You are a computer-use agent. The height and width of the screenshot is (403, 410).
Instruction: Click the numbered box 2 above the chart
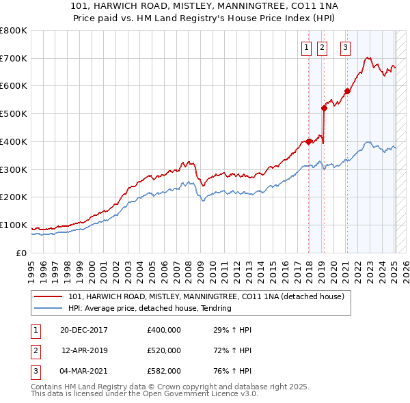tap(322, 48)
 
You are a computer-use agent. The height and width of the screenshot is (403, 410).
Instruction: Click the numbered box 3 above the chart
tap(346, 48)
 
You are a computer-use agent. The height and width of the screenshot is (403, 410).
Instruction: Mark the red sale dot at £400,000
tap(309, 141)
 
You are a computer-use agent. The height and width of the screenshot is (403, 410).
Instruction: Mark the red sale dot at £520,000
tap(325, 108)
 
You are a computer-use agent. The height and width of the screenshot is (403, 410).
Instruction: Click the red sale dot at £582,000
tap(347, 91)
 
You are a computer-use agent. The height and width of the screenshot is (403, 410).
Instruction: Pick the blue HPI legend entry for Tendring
tap(150, 308)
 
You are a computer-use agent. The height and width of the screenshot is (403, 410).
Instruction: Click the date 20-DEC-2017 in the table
tap(84, 330)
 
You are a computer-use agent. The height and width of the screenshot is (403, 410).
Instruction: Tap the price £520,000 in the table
tap(164, 350)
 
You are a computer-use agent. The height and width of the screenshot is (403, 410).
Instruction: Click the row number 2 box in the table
tap(33, 350)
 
